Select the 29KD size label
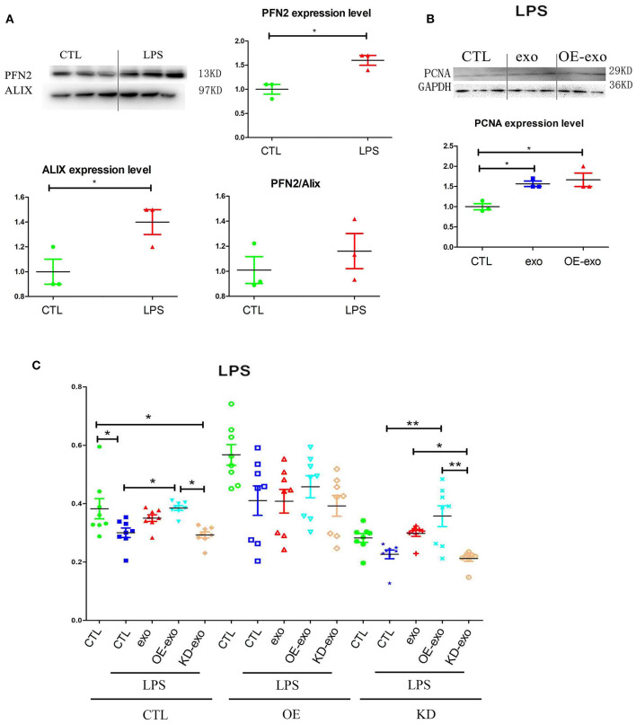point(619,69)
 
